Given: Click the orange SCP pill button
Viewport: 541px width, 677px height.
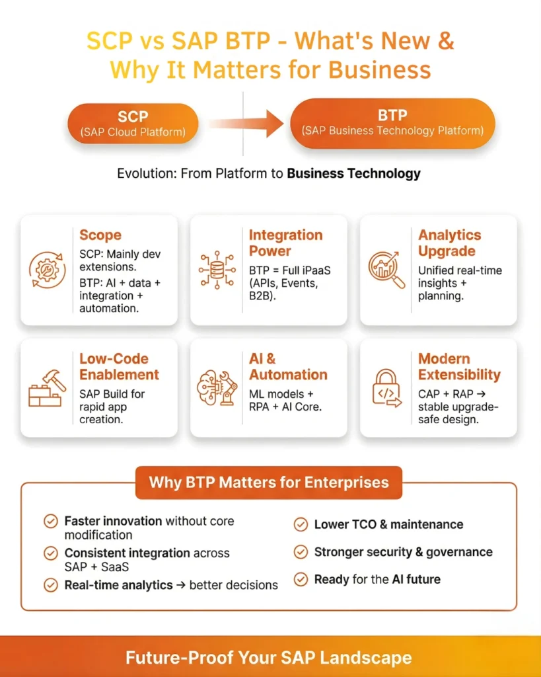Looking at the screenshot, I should tap(133, 124).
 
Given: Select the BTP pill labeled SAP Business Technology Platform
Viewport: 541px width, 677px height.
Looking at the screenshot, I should tap(392, 123).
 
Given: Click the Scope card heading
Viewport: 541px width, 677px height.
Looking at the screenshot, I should tap(100, 235).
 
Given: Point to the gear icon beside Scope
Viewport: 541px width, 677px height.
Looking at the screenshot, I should tap(47, 269).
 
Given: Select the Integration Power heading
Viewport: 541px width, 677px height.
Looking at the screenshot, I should tap(285, 243).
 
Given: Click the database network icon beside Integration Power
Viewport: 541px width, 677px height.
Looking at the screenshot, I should tap(217, 270).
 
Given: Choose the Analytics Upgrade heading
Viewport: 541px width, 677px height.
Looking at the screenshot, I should tap(449, 243).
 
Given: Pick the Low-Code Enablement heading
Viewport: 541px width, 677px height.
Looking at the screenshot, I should tap(119, 366).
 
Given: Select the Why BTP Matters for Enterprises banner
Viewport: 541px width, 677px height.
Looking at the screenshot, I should tap(269, 482).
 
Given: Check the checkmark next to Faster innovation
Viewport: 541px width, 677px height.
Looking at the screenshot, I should tap(50, 522).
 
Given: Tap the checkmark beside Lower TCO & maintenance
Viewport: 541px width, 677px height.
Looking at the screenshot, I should tap(301, 525).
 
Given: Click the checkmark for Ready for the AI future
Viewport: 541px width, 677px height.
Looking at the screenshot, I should tap(301, 580).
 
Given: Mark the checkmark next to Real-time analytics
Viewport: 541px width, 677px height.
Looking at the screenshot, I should tap(50, 585).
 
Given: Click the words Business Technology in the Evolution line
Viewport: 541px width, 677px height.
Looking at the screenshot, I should tap(353, 174).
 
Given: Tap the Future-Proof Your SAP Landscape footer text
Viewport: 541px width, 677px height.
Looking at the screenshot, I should tap(269, 658).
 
